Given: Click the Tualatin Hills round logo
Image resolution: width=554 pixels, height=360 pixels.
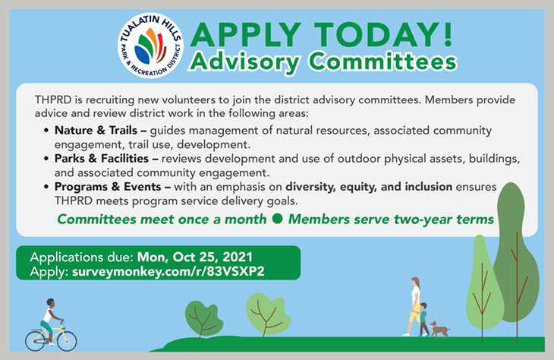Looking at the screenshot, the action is [151, 46].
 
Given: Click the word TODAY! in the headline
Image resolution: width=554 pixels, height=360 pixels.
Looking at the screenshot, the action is [383, 34].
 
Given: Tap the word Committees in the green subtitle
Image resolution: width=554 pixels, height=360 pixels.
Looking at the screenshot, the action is [383, 62].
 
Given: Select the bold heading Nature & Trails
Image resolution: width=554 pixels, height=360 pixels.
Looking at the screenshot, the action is [96, 130].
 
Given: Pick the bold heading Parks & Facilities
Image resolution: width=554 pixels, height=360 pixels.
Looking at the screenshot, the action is [102, 159].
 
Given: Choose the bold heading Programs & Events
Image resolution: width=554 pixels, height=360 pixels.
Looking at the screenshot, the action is [108, 187].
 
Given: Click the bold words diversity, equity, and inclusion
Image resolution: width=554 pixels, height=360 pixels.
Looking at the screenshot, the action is [369, 187].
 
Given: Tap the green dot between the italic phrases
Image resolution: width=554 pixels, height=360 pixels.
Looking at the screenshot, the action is [278, 219].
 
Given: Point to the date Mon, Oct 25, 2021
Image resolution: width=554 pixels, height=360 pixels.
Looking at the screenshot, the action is [195, 257].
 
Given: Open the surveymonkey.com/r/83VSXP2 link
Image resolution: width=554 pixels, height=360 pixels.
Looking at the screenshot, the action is [168, 272].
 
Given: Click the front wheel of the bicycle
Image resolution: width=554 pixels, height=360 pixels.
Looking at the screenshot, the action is [67, 341].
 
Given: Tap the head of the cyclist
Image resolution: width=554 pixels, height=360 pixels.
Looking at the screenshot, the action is [51, 303].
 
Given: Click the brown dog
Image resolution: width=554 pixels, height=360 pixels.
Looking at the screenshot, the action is [440, 330].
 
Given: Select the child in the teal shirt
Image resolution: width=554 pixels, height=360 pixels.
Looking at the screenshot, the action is [423, 319].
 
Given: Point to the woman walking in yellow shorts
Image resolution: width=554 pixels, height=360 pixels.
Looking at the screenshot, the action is [414, 306].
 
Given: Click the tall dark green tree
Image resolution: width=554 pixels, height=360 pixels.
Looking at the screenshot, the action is [516, 262].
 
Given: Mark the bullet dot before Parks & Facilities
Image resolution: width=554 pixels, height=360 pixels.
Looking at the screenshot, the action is [46, 159].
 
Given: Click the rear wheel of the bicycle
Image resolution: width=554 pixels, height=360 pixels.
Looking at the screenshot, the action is [35, 341].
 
